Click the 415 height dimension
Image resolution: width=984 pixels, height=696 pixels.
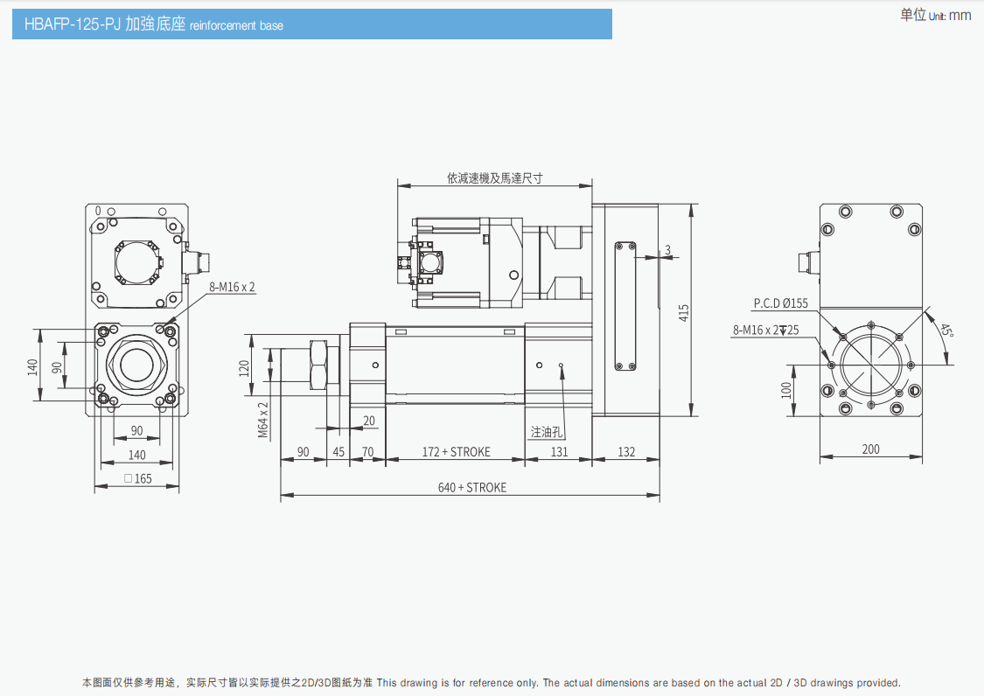point(684,310)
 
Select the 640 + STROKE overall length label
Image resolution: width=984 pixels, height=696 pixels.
point(471,487)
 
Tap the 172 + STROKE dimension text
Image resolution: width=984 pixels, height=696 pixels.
point(456,452)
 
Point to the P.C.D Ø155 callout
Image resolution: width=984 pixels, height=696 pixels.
point(781,303)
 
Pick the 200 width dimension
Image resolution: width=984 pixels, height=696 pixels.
point(870,449)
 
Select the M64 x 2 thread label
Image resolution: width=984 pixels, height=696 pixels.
point(262,420)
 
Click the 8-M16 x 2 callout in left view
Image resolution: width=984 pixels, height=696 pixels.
point(232,287)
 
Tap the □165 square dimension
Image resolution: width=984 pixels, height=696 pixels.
point(137,478)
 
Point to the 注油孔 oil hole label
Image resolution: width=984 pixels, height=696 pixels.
point(548,432)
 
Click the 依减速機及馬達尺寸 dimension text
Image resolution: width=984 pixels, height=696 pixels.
point(494,177)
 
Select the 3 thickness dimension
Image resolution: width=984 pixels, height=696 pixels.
point(667,250)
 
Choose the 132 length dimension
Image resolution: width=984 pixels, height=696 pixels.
point(626,452)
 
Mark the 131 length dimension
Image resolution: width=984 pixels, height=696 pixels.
point(558,452)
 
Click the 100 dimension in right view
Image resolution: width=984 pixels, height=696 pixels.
point(785,388)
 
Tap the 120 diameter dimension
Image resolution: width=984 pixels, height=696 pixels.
point(245,368)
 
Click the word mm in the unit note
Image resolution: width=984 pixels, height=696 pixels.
point(960,15)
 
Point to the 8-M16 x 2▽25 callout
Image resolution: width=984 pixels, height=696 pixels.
point(765,330)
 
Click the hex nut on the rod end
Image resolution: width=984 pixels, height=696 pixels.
point(324,365)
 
